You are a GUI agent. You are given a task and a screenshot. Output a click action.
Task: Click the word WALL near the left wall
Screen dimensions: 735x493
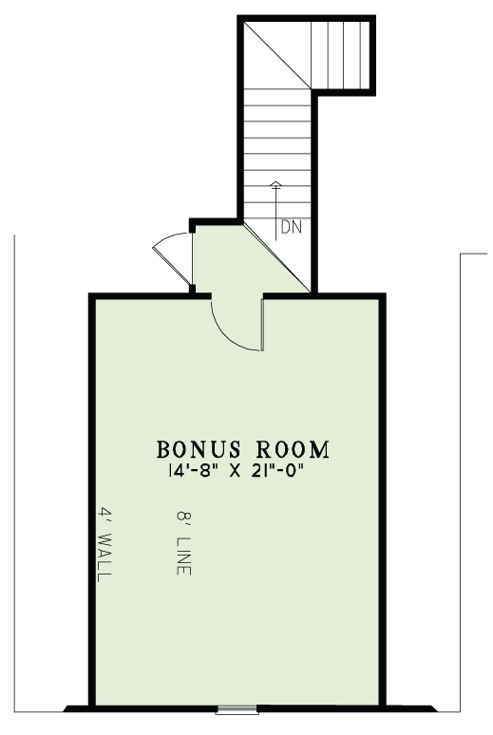[x=105, y=559]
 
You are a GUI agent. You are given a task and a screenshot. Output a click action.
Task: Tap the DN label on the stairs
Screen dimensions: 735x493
[x=291, y=228]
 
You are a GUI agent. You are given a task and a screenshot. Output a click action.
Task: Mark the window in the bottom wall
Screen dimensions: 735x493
[x=237, y=708]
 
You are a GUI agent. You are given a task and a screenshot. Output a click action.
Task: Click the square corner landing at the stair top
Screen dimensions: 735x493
[x=275, y=52]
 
